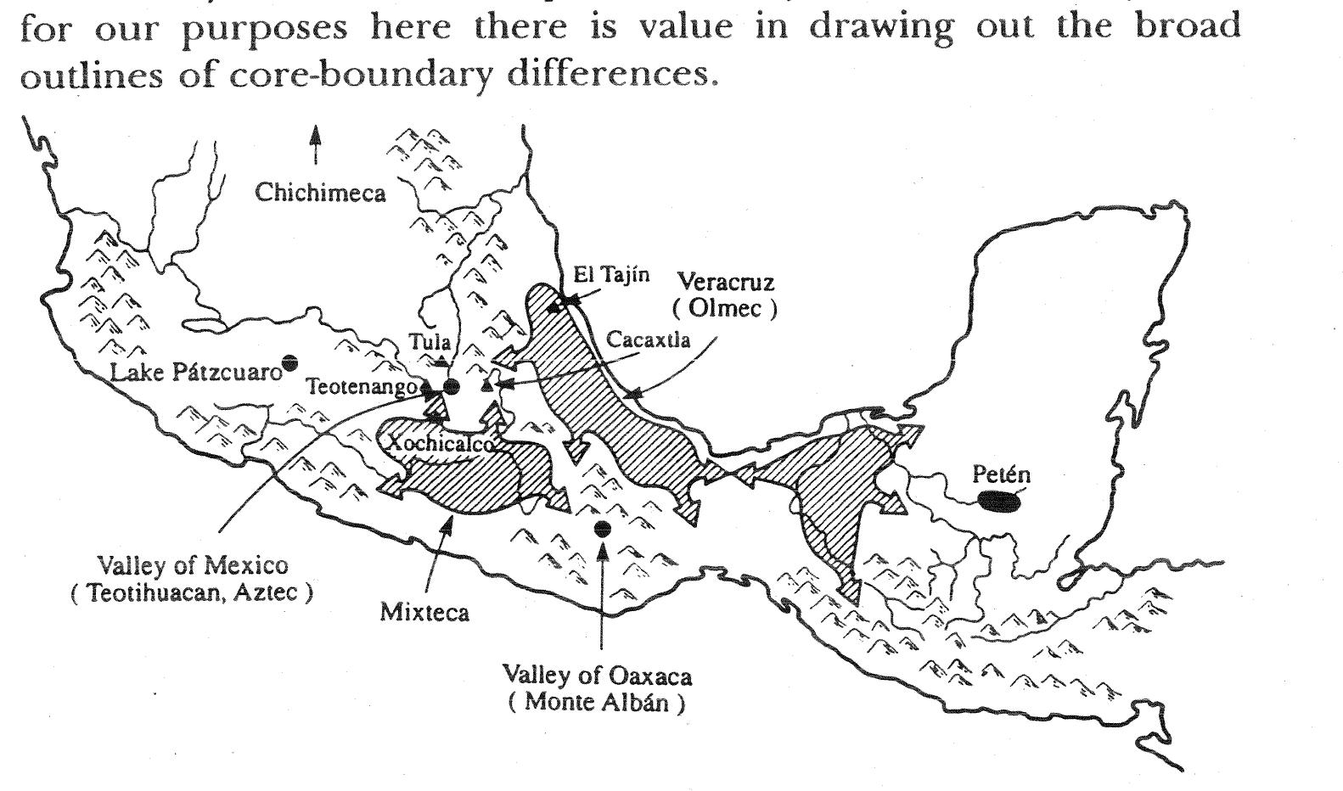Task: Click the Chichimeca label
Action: point(320,194)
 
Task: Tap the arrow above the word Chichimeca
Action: point(315,145)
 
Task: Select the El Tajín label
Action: point(611,274)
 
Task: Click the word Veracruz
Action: point(725,282)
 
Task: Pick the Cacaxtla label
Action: point(649,340)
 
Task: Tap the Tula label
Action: point(430,342)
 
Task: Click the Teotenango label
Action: point(363,387)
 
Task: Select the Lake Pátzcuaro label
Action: point(196,373)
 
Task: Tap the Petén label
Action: point(1001,475)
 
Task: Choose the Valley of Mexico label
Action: point(193,565)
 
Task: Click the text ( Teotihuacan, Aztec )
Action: point(192,592)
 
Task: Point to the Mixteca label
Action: point(424,612)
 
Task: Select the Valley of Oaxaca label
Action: point(597,676)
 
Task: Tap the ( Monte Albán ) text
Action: point(597,703)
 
